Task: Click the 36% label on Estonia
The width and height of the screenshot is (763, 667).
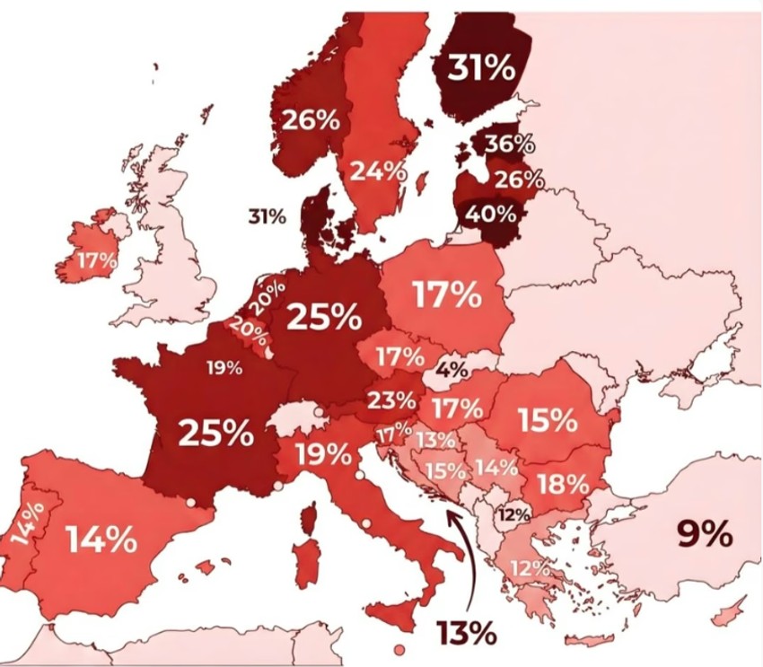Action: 510,144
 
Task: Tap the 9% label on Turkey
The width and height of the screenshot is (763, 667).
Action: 705,535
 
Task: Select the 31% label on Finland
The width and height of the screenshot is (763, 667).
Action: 482,68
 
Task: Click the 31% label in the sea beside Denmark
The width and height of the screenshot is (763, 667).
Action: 267,216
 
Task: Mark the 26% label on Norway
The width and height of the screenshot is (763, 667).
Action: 311,119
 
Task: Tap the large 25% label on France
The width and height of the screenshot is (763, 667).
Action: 216,433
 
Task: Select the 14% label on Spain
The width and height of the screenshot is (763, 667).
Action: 101,540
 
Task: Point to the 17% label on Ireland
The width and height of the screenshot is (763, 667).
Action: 97,261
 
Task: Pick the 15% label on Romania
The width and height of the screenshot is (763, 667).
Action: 546,419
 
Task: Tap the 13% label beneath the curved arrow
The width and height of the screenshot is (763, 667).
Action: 467,632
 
